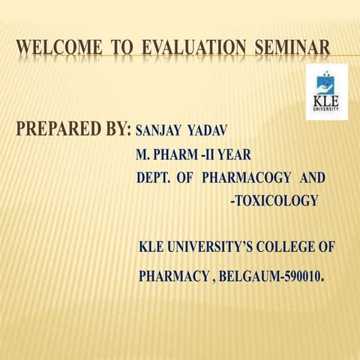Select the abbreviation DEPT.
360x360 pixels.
pos(154,179)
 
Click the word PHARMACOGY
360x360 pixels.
pos(247,179)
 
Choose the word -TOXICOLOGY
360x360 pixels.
pos(274,201)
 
